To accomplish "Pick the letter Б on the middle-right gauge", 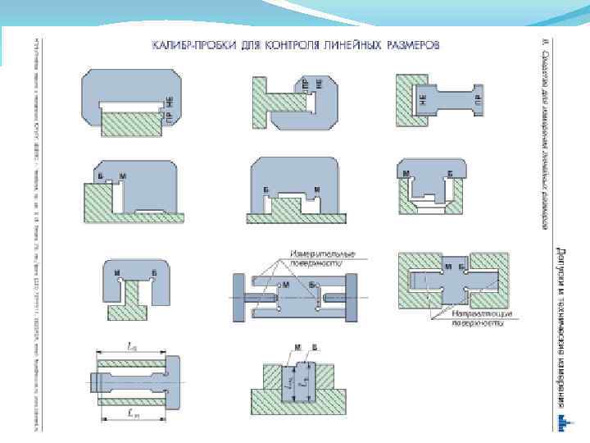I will click(449, 174).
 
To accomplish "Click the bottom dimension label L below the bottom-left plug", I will click(135, 415).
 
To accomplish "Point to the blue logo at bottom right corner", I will click(562, 422).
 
